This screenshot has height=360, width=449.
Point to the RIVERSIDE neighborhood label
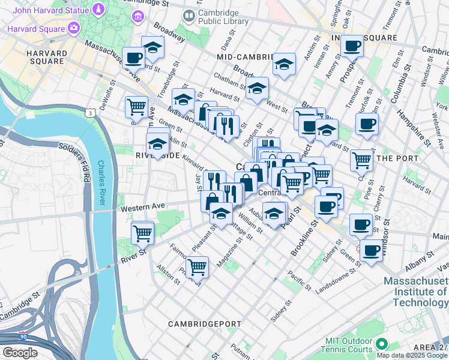[x=158, y=155]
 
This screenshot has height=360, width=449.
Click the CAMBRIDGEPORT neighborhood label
[x=204, y=323]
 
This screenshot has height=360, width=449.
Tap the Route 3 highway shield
[x=89, y=113]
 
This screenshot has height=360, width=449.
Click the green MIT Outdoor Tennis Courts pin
[x=382, y=345]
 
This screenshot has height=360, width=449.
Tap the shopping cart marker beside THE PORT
[x=361, y=160]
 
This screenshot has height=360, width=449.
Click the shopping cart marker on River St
[x=143, y=233]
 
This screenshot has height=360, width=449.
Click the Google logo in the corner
[x=20, y=353]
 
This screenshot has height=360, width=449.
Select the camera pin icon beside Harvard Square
[x=74, y=28]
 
